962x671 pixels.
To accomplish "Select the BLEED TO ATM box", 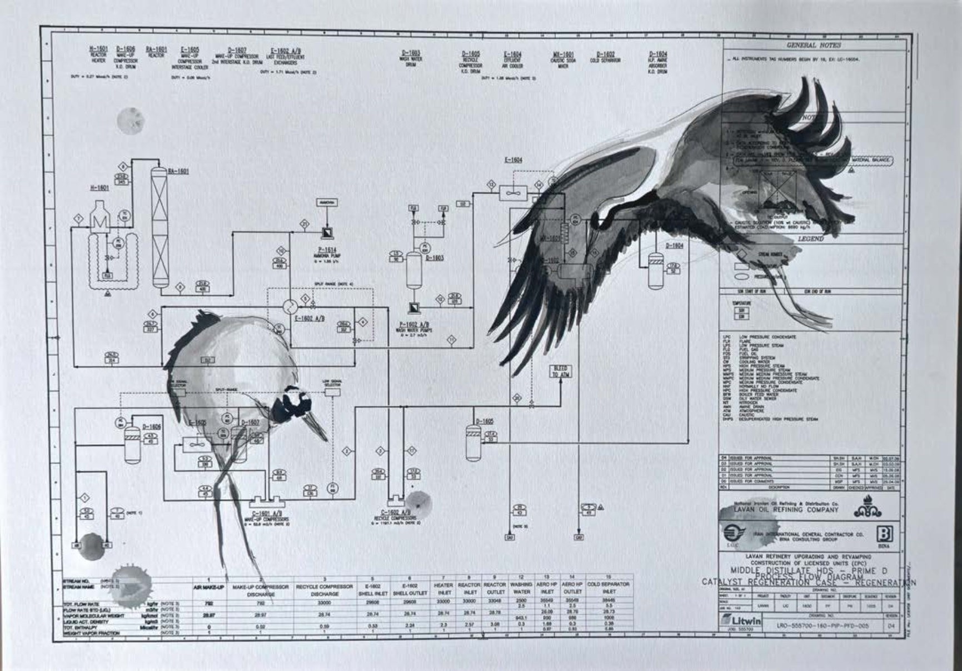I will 560,371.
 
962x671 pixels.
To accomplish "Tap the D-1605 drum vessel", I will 473,443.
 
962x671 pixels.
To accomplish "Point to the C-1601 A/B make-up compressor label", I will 267,514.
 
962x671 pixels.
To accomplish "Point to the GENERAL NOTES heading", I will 814,46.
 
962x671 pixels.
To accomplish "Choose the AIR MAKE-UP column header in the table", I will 208,587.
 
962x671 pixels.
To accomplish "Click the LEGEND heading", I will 811,239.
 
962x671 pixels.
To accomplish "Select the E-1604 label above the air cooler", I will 513,160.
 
